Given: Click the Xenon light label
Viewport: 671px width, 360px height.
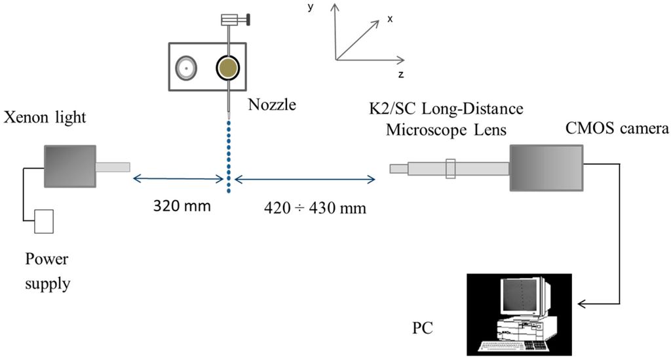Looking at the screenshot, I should [44, 119].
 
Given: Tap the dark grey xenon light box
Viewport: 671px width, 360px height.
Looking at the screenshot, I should [69, 166].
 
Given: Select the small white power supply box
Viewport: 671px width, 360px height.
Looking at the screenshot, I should [44, 221].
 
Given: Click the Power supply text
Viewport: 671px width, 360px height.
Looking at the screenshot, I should [47, 271].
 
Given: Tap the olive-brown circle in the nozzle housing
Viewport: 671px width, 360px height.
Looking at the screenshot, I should [227, 67].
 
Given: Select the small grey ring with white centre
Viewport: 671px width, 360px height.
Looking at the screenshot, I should [186, 68].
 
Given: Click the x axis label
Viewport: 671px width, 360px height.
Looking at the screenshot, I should [390, 19].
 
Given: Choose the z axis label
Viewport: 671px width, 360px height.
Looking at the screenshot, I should [400, 74].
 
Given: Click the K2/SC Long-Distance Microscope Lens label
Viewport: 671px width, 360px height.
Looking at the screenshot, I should [446, 119].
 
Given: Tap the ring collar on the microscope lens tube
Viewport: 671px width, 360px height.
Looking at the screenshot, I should [450, 169].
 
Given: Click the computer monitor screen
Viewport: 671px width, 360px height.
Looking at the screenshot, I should [521, 294].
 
